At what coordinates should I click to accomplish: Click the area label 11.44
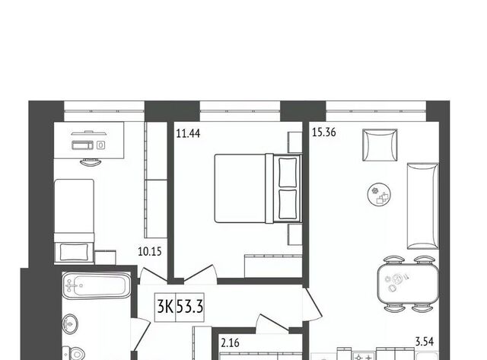(188, 133)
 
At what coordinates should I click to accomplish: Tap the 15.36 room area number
(324, 132)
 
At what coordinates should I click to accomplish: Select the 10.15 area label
(150, 251)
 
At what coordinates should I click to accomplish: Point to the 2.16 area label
(230, 343)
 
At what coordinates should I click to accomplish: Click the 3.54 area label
(425, 342)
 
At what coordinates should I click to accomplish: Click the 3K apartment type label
(165, 307)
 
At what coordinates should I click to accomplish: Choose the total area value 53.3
(189, 307)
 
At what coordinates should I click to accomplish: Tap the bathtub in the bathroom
(97, 285)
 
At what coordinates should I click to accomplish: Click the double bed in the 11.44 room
(258, 188)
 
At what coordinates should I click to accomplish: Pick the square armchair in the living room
(380, 145)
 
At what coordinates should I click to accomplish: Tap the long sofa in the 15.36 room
(423, 206)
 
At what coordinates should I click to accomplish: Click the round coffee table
(379, 194)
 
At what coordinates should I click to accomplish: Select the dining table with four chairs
(408, 284)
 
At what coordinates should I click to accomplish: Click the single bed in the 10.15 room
(74, 221)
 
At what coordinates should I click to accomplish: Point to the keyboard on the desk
(83, 145)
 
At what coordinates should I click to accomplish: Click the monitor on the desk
(89, 133)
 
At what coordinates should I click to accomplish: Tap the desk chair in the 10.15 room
(91, 162)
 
